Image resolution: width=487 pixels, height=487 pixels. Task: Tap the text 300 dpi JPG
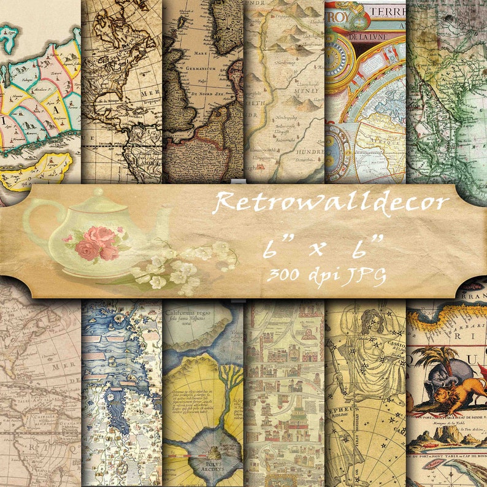point(326,275)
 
